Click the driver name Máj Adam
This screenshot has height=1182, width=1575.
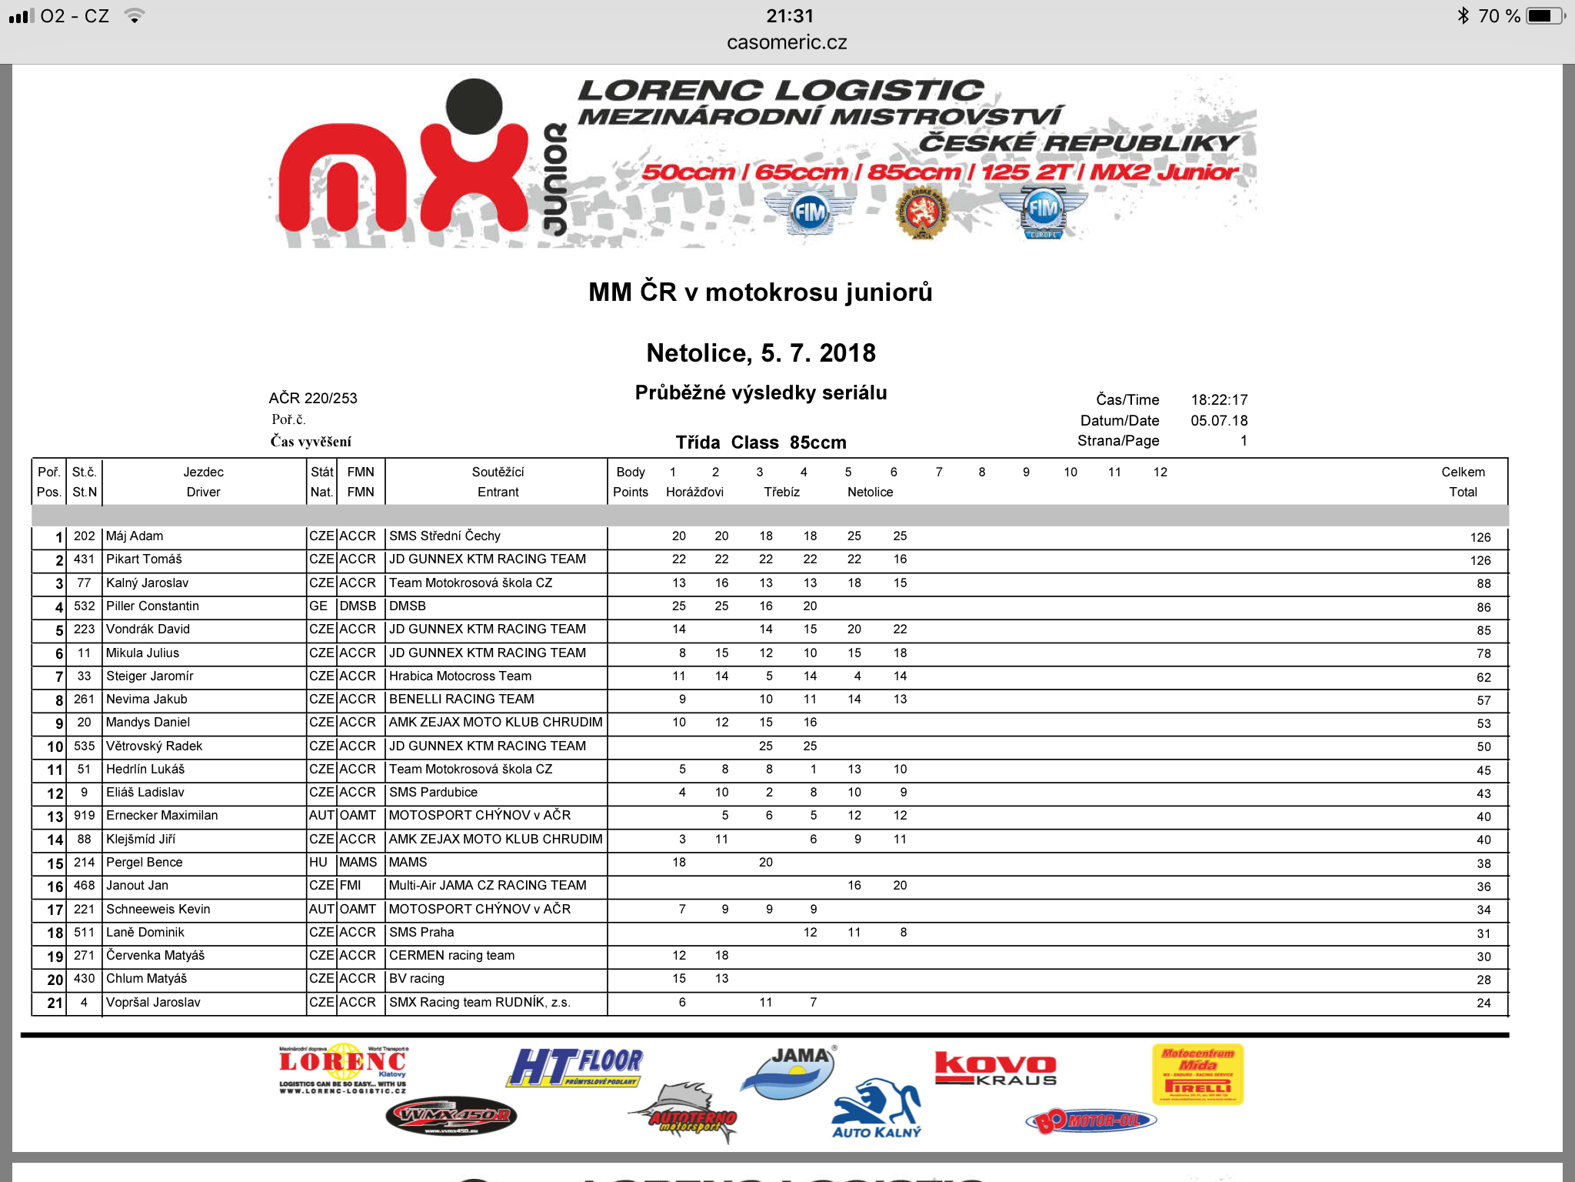(x=135, y=536)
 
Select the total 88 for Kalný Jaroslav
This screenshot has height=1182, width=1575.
(x=1483, y=584)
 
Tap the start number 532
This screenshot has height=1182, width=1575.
(x=84, y=606)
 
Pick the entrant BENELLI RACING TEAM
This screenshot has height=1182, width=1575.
(x=461, y=700)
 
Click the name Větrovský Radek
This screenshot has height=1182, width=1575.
(x=154, y=746)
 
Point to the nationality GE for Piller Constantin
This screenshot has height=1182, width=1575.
(x=318, y=606)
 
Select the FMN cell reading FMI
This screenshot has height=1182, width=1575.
(x=350, y=886)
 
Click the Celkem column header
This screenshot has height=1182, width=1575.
(x=1463, y=472)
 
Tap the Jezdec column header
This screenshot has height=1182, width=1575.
(x=203, y=472)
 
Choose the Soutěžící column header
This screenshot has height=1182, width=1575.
(x=498, y=472)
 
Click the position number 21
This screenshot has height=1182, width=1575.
(x=55, y=1003)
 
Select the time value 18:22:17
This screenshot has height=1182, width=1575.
(x=1219, y=400)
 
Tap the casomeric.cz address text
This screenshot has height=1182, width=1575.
(x=787, y=43)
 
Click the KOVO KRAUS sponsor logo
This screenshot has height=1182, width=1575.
(x=995, y=1069)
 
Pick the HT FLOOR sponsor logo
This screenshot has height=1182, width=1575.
(x=575, y=1067)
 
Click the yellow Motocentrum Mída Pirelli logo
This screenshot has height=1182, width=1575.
(x=1197, y=1074)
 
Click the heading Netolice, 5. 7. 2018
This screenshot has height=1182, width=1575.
(x=761, y=353)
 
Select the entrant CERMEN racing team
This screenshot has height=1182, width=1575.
(x=451, y=956)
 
